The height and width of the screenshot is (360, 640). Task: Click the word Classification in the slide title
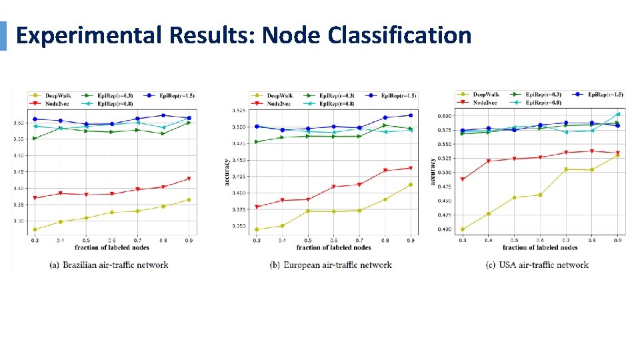(399, 35)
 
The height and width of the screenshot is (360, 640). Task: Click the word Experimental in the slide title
(89, 35)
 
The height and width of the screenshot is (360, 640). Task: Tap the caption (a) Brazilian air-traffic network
(109, 265)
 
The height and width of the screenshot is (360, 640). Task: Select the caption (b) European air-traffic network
(331, 265)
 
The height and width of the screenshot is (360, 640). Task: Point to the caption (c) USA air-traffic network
(537, 265)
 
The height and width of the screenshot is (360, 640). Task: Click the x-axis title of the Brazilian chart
(111, 247)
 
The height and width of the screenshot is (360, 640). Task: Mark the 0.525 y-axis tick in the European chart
(239, 111)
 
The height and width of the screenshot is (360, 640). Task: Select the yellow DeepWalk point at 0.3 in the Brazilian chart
(35, 230)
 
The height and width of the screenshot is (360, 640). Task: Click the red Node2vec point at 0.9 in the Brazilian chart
(189, 179)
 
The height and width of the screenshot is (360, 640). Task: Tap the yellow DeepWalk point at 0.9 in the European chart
(411, 185)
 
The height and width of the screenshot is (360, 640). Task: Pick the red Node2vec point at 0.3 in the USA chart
(463, 179)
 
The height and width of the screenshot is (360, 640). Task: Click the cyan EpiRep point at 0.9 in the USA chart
(617, 114)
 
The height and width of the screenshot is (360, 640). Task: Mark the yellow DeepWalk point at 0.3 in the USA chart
(463, 229)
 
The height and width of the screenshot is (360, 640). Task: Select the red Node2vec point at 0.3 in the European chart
(257, 207)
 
